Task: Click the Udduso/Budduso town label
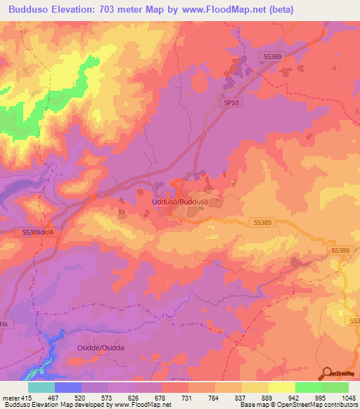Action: pyautogui.click(x=181, y=202)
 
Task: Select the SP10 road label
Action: pyautogui.click(x=222, y=102)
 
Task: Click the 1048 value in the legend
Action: pyautogui.click(x=340, y=398)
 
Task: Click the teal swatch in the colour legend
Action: pyautogui.click(x=41, y=387)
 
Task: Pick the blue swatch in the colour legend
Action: pyautogui.click(x=68, y=387)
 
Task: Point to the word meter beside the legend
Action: pyautogui.click(x=8, y=398)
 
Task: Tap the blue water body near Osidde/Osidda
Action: pyautogui.click(x=51, y=346)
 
